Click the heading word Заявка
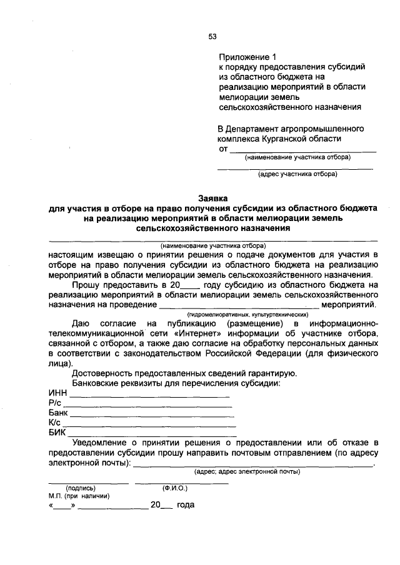(213, 196)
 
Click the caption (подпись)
(81, 488)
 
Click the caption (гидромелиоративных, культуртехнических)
(240, 315)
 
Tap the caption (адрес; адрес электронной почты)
(247, 472)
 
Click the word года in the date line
(186, 506)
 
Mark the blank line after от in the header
(304, 150)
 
